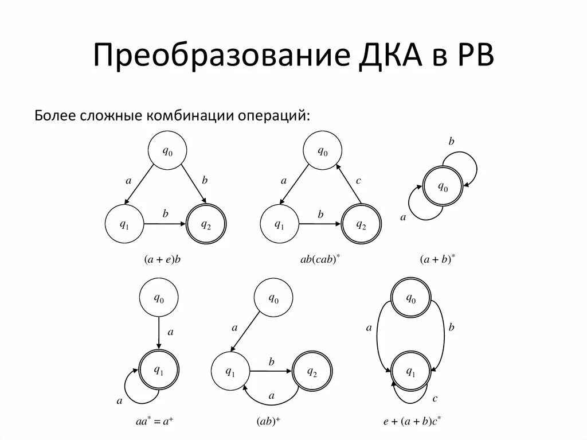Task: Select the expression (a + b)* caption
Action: click(437, 259)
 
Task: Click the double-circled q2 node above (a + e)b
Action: click(206, 224)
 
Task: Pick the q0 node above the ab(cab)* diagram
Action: click(323, 151)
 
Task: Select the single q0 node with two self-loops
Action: click(443, 187)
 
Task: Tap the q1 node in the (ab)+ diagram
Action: click(230, 371)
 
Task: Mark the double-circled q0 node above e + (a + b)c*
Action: click(411, 299)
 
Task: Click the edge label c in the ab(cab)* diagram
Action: click(358, 181)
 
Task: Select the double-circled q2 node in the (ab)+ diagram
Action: click(312, 371)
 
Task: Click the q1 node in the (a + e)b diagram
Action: click(124, 224)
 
